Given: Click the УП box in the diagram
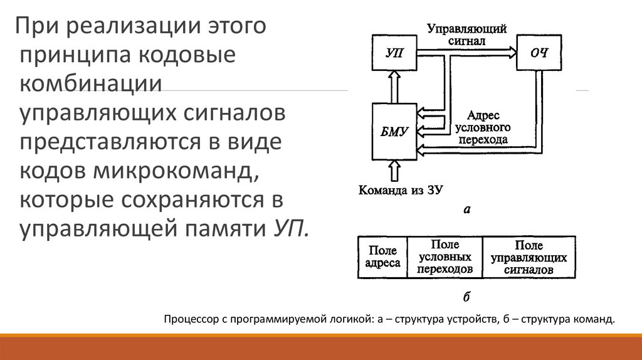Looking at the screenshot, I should [x=395, y=53].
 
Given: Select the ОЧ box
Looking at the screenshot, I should [x=539, y=53].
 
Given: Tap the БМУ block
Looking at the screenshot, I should [x=395, y=131].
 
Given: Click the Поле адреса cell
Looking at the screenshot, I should [x=382, y=257].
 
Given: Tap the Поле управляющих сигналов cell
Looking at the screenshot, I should [x=529, y=257].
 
